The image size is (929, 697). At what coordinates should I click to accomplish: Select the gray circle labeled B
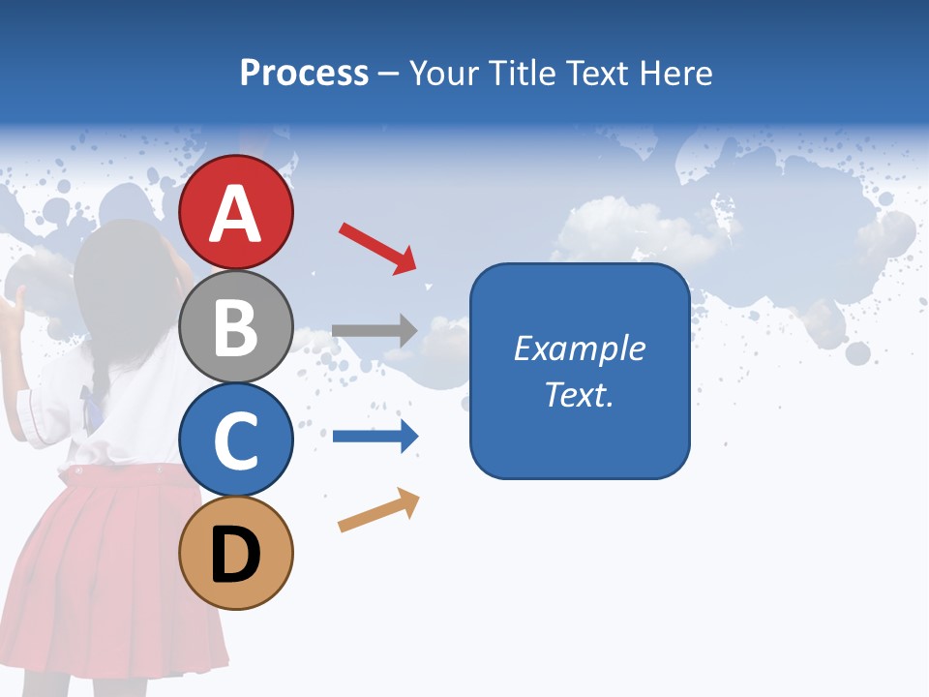coord(236,326)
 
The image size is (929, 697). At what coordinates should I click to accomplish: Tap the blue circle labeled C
coord(236,439)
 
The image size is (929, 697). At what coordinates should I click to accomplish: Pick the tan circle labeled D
coord(236,553)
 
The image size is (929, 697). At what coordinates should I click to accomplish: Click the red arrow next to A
coord(376,247)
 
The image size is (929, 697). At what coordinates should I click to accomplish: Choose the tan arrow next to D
coord(378,510)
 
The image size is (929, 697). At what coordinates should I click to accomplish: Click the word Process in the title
coord(304,73)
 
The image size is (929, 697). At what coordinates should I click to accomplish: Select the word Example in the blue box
coord(579,348)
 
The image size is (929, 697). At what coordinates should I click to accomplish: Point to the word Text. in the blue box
coord(579,394)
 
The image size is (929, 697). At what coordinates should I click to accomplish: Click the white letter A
coord(236,213)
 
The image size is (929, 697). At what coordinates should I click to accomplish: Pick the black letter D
coord(236,557)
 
